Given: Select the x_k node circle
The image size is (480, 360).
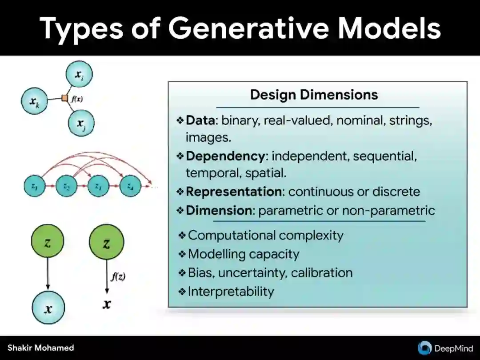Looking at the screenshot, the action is [x=35, y=102].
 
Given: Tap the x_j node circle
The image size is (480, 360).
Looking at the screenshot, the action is [x=81, y=122].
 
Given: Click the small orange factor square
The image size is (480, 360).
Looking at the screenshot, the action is [x=65, y=98].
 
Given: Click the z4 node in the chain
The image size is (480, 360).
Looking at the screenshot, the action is [x=131, y=187].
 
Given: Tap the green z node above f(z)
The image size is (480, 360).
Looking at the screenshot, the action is [x=107, y=243].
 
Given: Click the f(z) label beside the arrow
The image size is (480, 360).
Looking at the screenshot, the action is [x=118, y=276].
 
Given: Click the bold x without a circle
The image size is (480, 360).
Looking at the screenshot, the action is [x=107, y=304].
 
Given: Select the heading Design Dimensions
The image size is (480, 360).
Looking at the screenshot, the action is [x=314, y=95].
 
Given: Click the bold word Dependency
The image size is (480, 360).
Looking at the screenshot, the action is [x=225, y=156].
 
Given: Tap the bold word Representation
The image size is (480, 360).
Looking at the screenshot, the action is [x=234, y=192].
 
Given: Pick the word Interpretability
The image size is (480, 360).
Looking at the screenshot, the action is [x=231, y=292].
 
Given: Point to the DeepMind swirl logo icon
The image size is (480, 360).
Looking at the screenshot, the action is [x=424, y=348].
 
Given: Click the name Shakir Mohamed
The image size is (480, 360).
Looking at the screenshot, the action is [x=41, y=348].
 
